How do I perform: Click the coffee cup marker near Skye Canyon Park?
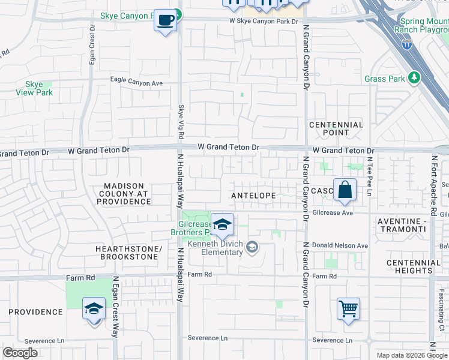point(165,20)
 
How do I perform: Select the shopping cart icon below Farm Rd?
point(348,309)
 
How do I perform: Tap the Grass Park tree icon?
point(414,78)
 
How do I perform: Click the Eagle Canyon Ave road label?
point(136,83)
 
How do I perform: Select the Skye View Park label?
point(34,89)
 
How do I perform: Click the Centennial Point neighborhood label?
point(336,128)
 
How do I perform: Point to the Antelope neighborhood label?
point(253,196)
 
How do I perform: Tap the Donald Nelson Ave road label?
point(340,246)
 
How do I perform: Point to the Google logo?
point(21,353)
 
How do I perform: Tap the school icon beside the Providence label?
point(94,309)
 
